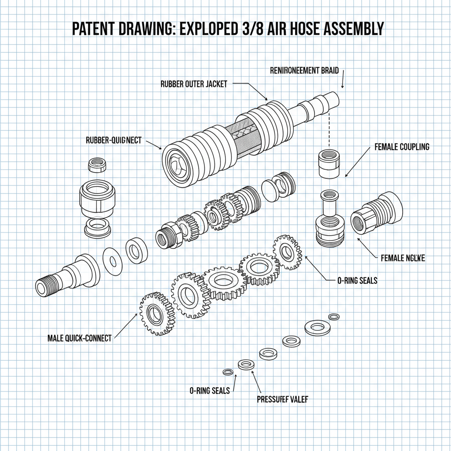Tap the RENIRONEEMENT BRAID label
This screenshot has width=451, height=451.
(x=304, y=70)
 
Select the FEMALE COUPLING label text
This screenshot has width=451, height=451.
(x=402, y=147)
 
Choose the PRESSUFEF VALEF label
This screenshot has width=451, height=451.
(x=282, y=399)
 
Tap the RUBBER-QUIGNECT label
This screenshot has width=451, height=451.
(x=114, y=140)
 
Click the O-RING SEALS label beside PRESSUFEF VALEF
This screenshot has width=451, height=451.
(x=209, y=390)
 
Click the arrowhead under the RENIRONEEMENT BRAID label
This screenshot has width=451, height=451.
(x=342, y=87)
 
